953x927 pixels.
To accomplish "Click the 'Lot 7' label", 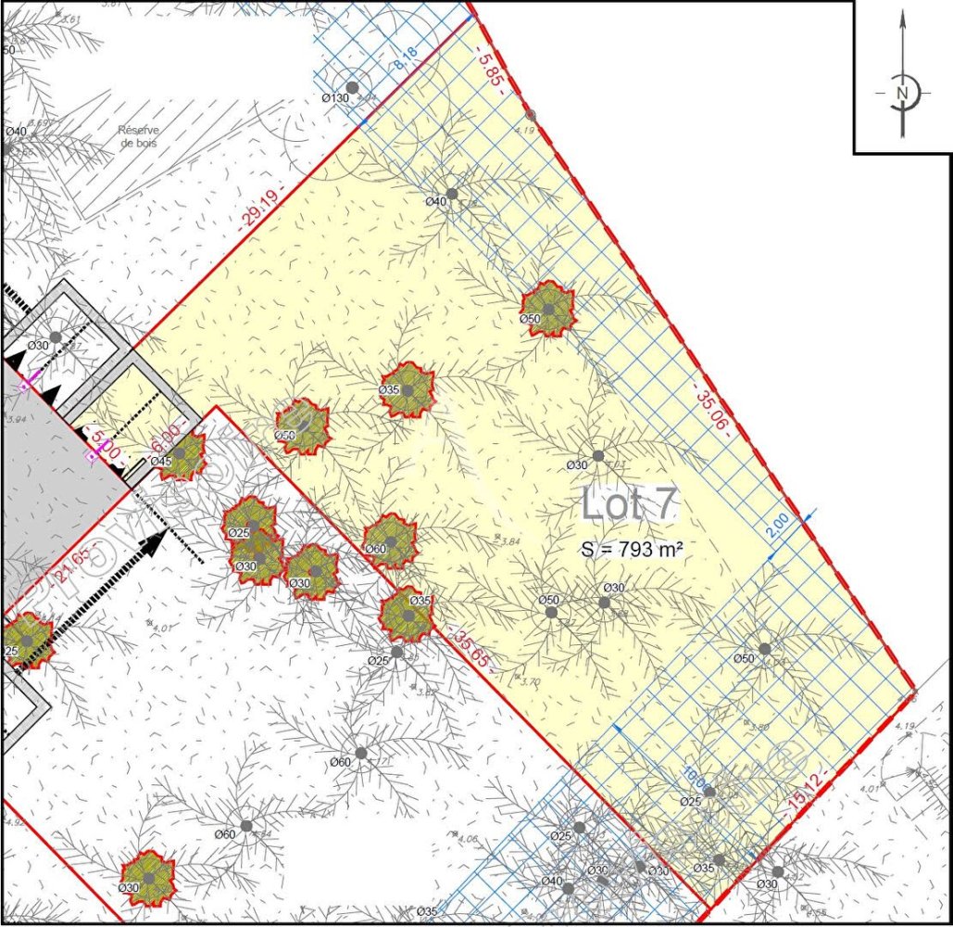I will click(x=630, y=505).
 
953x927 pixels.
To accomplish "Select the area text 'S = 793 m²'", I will click(x=633, y=550).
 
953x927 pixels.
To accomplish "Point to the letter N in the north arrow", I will click(x=901, y=93).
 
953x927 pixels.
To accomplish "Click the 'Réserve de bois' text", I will click(x=138, y=137).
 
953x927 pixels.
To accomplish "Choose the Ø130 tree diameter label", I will click(x=334, y=98).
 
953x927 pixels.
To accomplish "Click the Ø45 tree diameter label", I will click(x=160, y=462).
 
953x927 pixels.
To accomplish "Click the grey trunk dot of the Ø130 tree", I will click(x=352, y=87).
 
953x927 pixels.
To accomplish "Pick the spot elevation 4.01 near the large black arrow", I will click(x=163, y=629).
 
